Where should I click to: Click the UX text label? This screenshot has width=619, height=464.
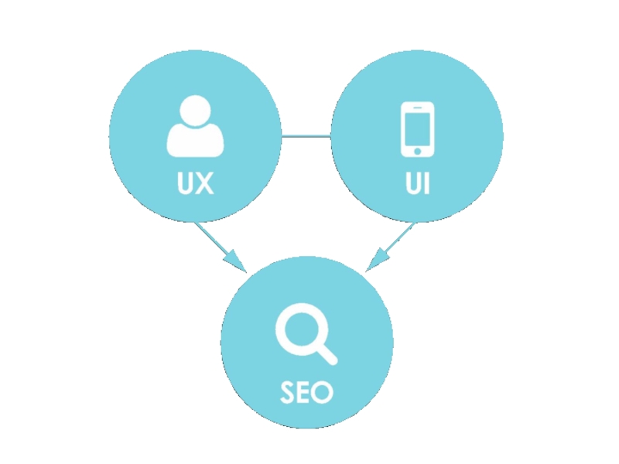click(195, 184)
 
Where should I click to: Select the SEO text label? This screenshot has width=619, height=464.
click(306, 392)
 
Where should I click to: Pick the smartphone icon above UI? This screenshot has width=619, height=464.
click(416, 128)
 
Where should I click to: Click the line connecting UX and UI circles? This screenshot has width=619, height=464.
click(306, 138)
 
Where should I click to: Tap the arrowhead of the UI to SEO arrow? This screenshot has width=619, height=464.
click(376, 261)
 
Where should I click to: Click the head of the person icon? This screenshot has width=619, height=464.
click(195, 111)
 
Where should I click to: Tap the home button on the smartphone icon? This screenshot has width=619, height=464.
click(416, 149)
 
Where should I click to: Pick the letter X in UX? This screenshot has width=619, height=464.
click(204, 184)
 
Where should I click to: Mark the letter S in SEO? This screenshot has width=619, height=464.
click(289, 392)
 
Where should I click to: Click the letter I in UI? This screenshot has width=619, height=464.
click(426, 184)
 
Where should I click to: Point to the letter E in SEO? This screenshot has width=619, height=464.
click(305, 392)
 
